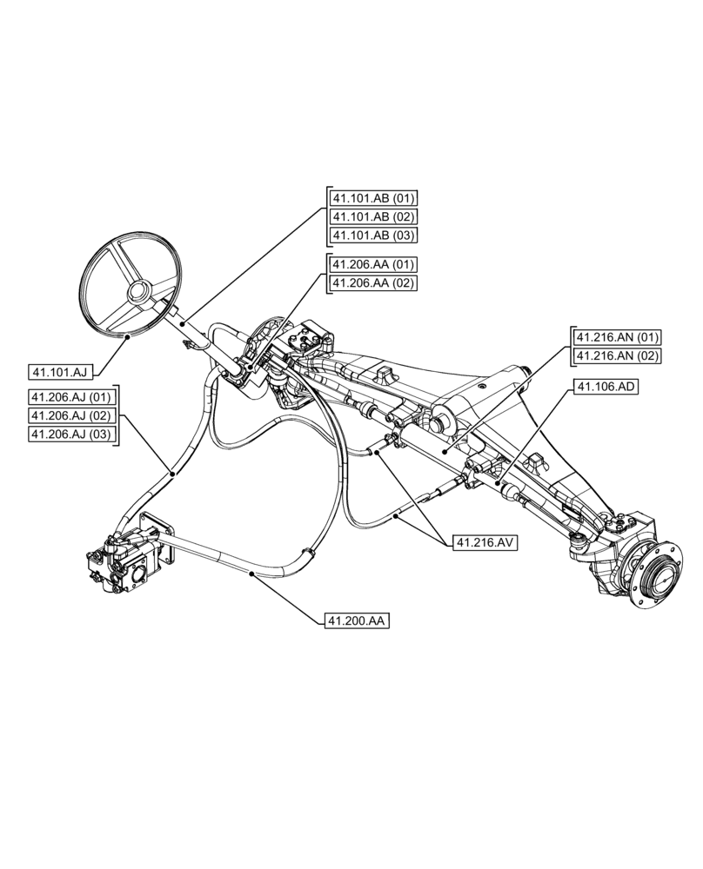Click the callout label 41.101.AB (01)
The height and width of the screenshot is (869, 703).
coord(373,198)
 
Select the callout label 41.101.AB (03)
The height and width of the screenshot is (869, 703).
coord(373,235)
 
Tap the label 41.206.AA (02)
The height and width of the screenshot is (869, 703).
coord(373,282)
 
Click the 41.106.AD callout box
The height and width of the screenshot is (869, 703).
coord(606,387)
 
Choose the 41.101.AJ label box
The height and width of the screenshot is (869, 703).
coord(60,373)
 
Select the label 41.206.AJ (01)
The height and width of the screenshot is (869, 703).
coord(72,397)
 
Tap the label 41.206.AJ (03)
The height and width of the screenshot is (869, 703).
coord(72,434)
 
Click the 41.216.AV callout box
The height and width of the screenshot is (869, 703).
coord(485,542)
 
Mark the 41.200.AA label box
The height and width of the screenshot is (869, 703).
coord(357,620)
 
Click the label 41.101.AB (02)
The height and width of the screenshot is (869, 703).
coord(373,216)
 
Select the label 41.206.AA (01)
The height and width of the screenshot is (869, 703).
coord(373,264)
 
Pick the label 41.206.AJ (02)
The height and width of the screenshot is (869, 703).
coord(72,415)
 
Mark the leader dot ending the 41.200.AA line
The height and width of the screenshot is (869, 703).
coord(251,574)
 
